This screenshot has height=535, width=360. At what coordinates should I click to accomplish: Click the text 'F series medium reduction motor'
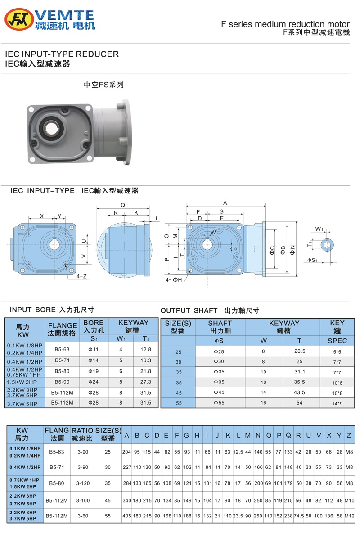point(285,24)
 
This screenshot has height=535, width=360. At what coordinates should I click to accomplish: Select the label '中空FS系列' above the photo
point(103,85)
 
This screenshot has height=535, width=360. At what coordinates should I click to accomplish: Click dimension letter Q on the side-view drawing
point(122,204)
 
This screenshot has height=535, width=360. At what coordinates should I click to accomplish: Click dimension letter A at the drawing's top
point(225,202)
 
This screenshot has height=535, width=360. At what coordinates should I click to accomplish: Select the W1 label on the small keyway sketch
point(319,229)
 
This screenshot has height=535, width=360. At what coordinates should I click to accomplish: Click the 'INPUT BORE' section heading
point(52,310)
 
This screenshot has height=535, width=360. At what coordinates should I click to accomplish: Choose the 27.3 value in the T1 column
point(146,382)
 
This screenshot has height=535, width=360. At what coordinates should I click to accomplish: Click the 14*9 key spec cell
point(337,404)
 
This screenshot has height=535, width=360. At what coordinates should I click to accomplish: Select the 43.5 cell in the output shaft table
point(299,392)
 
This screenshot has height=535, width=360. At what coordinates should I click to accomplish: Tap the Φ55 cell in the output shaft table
point(219,403)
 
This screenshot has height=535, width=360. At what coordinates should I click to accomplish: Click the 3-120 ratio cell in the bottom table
point(83,484)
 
